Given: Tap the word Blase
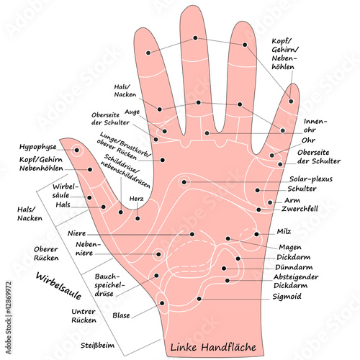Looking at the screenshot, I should (121, 315).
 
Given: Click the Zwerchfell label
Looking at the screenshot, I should (300, 210).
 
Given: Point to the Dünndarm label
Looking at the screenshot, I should (292, 266).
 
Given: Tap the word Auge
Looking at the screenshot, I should (132, 113).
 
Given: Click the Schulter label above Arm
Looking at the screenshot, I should (303, 189).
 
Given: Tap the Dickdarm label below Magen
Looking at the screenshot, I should (294, 256).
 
